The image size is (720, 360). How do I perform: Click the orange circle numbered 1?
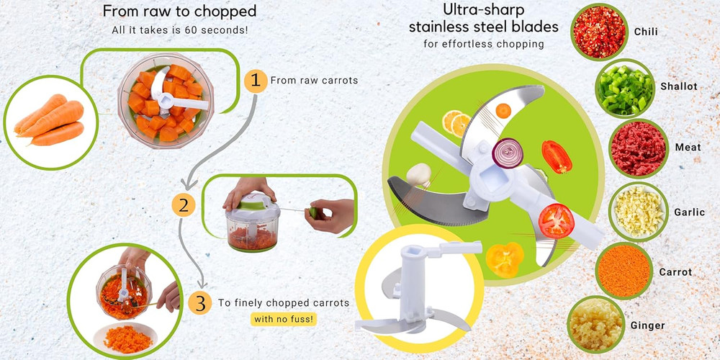point(253,81)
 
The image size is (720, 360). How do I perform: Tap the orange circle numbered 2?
point(184,205)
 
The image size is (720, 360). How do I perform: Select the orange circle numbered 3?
point(199,303)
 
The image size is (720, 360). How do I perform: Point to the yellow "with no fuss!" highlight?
point(284,318)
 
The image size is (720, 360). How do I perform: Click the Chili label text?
point(646,32)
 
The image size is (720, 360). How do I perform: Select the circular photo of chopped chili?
point(599,32)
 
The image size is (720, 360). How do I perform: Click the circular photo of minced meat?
point(638,148)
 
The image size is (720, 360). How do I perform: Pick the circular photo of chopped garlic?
point(638,211)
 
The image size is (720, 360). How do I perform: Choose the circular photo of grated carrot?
point(624,271)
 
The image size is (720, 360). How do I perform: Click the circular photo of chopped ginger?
point(596,325)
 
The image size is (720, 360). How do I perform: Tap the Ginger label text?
point(647,325)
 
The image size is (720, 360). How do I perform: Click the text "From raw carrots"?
point(314,81)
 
